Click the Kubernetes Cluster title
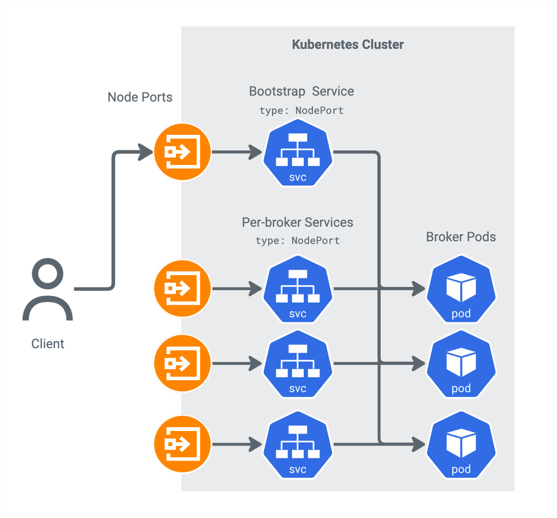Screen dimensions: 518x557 click(347, 44)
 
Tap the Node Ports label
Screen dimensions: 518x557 click(140, 97)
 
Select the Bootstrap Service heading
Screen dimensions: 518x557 click(301, 91)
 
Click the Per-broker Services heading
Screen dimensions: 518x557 click(297, 222)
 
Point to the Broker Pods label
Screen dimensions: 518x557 click(461, 237)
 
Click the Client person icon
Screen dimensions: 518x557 click(47, 290)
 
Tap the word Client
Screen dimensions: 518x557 click(48, 344)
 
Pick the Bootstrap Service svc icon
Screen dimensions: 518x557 click(297, 153)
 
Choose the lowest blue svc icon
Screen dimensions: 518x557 click(297, 445)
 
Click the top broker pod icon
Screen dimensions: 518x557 click(461, 290)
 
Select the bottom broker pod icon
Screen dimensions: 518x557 click(461, 445)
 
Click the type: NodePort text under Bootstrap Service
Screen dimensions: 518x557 click(301, 111)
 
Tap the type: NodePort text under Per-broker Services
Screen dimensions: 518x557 click(297, 241)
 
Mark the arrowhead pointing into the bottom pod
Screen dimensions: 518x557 click(419, 444)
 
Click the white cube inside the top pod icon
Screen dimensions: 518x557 click(461, 286)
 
